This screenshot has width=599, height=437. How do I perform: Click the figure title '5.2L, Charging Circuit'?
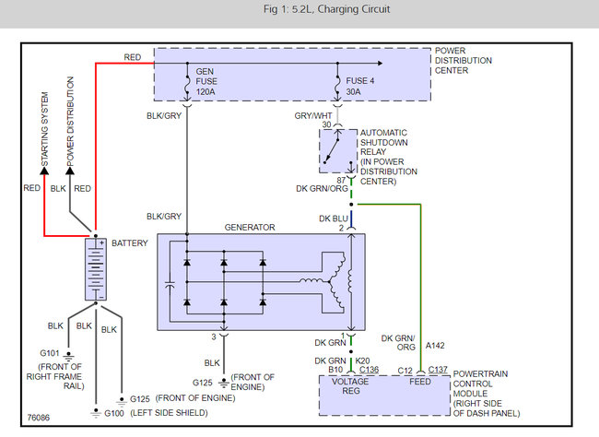pos(341,9)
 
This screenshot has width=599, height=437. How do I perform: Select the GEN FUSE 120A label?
pos(206,81)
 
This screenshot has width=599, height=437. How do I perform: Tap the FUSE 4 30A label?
pos(359,86)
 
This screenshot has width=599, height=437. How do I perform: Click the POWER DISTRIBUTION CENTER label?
pos(463,61)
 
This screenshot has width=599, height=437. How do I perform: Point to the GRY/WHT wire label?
pos(313,115)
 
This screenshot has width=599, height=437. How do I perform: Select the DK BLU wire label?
pos(333,218)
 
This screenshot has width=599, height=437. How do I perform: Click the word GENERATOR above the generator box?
pos(250,227)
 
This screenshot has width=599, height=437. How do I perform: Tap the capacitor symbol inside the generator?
pos(170,285)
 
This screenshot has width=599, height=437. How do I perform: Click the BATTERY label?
pos(130,243)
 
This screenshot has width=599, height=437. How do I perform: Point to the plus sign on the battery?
pos(101,242)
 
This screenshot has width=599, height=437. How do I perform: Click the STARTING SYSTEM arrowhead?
pos(44,171)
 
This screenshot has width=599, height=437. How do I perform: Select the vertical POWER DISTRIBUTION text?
pos(70,122)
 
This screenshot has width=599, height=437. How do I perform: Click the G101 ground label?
pos(50,353)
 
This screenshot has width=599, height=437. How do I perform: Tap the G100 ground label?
pos(114,413)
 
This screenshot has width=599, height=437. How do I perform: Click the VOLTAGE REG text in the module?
pos(350,386)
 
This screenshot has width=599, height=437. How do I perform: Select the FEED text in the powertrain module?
pos(420,382)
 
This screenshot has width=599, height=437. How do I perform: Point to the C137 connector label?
pos(438,370)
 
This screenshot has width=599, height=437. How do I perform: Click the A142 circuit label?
pos(435,346)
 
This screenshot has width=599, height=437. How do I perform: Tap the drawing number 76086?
pos(38,417)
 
